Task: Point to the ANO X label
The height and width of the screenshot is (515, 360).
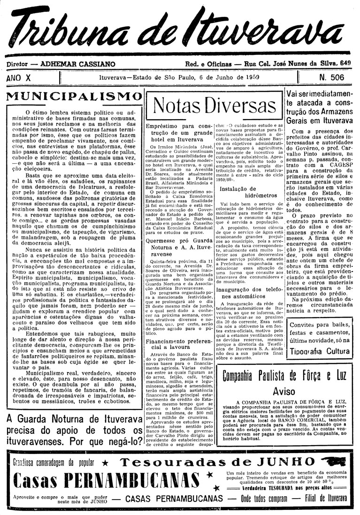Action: tap(20, 77)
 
